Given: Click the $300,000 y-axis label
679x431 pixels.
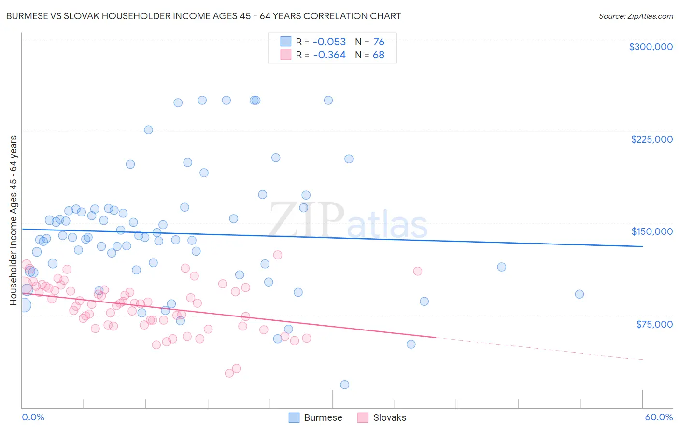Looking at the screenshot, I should click(x=651, y=47).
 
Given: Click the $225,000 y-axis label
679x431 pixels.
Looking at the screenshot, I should click(x=651, y=139).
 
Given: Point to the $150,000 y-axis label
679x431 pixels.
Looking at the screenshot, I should click(x=651, y=231).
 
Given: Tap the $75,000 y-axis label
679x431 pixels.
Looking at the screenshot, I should click(x=654, y=324).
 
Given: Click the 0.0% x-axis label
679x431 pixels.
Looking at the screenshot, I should click(x=33, y=417).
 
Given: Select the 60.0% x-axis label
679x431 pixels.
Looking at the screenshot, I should click(x=659, y=417).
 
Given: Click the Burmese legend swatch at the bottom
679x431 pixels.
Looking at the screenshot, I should click(x=294, y=417).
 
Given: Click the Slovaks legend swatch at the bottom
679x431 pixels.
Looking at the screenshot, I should click(x=363, y=417).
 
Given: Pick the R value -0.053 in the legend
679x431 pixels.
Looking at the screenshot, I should click(x=329, y=42).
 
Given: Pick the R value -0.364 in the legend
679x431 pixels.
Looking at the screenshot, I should click(x=329, y=55).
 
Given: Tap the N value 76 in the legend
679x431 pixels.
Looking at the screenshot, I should click(x=379, y=42).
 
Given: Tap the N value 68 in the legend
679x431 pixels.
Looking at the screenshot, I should click(x=379, y=55).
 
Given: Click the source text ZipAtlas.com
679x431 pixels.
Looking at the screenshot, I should click(x=650, y=16).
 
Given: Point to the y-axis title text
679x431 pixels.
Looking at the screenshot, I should click(x=14, y=220).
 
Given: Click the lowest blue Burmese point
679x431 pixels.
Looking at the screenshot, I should click(x=344, y=385).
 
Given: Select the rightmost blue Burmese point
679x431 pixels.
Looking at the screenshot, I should click(x=580, y=294).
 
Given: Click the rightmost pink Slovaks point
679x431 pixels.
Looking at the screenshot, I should click(x=418, y=271).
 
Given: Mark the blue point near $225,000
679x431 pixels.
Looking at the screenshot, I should click(x=148, y=130).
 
